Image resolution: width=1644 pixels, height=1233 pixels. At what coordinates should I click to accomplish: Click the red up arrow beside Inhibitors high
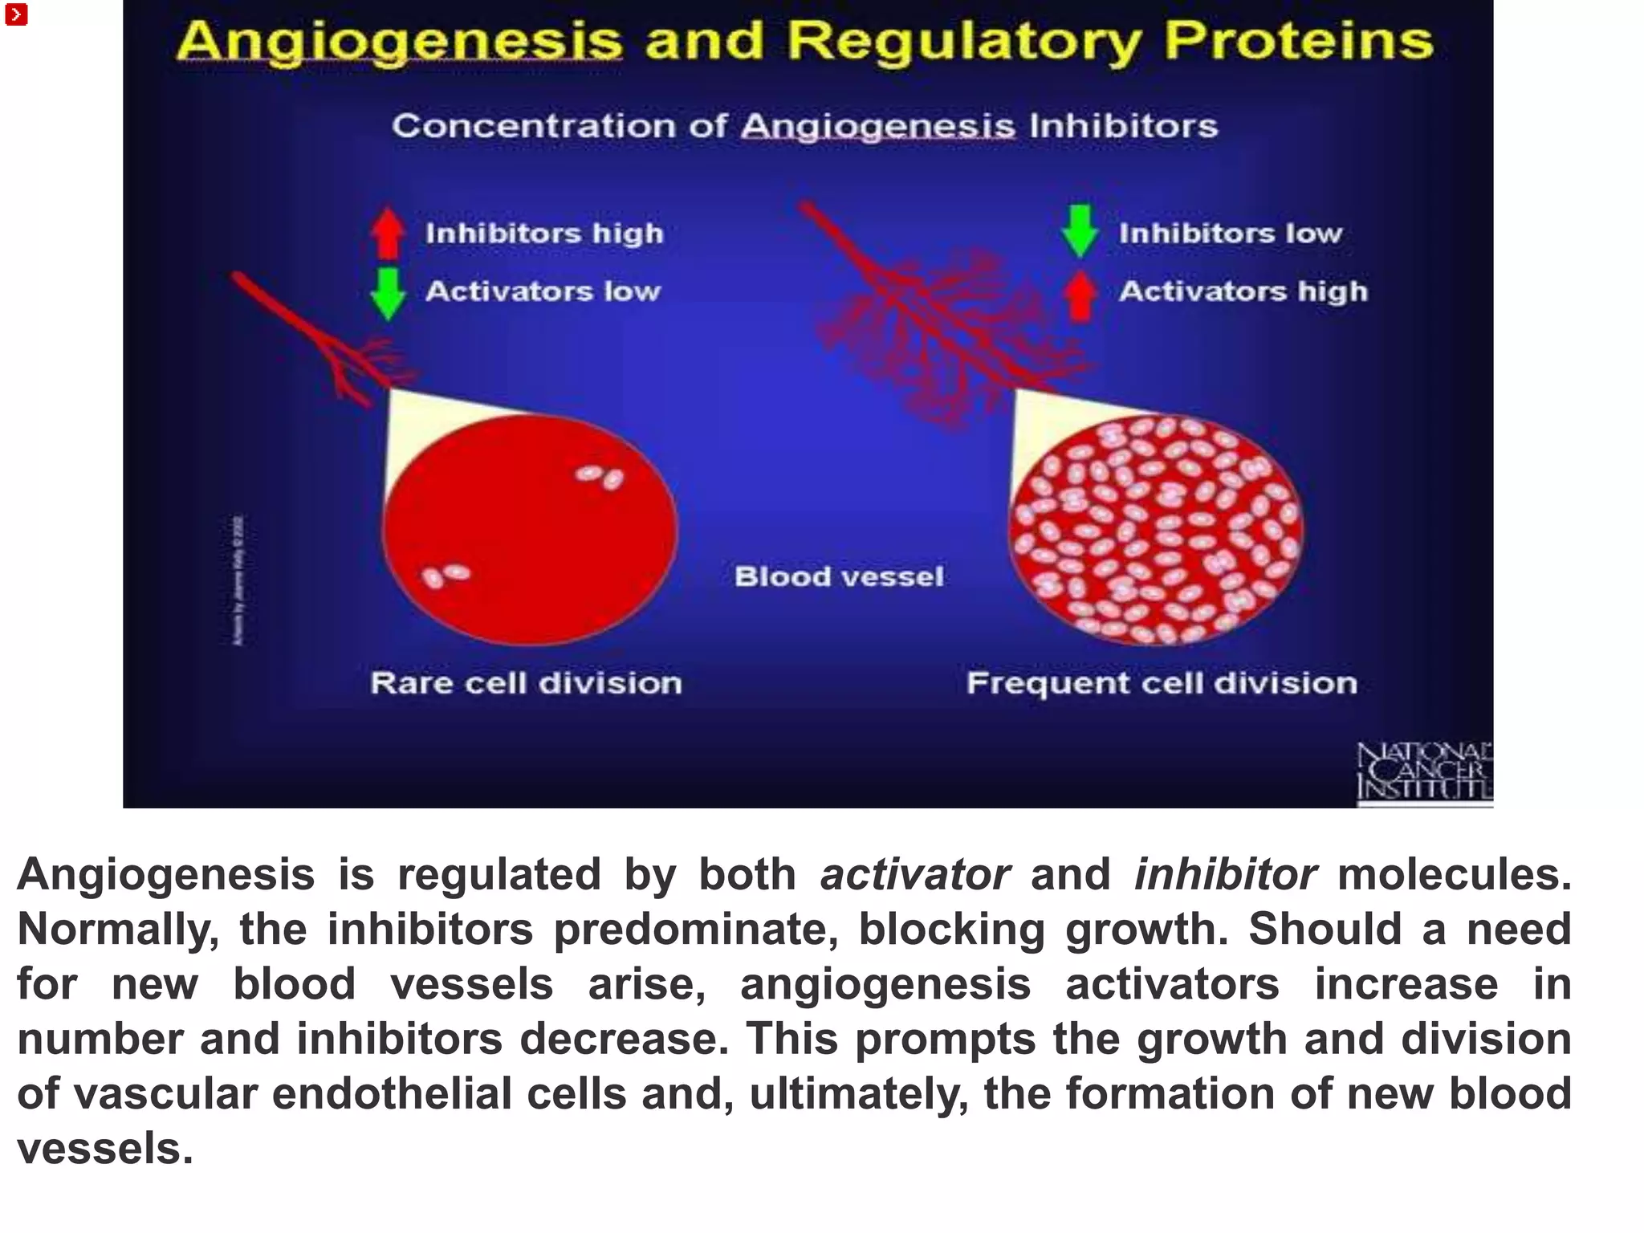[x=389, y=233]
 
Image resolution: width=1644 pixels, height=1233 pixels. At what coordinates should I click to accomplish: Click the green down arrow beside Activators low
[x=389, y=293]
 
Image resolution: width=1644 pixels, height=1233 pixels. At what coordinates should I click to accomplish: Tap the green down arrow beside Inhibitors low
[x=1080, y=231]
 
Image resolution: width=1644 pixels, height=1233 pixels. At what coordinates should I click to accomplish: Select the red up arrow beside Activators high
[x=1080, y=295]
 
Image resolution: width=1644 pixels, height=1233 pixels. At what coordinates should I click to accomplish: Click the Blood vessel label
[x=839, y=576]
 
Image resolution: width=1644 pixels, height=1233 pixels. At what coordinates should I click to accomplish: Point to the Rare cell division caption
[x=526, y=683]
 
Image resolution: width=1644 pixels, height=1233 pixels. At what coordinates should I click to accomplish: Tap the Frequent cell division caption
[x=1162, y=683]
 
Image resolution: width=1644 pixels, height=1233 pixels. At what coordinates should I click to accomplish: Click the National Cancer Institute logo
[x=1424, y=771]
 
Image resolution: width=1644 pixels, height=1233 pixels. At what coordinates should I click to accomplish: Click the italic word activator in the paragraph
[x=914, y=874]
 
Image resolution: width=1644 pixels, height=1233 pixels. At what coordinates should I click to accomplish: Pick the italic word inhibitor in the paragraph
[x=1225, y=874]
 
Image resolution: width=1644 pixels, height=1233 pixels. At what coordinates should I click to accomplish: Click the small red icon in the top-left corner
[x=16, y=14]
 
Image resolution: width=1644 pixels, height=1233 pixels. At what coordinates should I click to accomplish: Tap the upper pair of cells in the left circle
[x=600, y=477]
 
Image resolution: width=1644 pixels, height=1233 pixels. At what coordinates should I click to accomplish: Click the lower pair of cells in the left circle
[x=446, y=575]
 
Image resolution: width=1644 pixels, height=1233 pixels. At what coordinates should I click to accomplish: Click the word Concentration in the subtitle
[x=534, y=126]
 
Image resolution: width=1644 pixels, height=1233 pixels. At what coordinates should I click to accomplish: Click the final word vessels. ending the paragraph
[x=104, y=1149]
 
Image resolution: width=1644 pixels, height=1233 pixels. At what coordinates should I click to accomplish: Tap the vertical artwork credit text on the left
[x=238, y=580]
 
